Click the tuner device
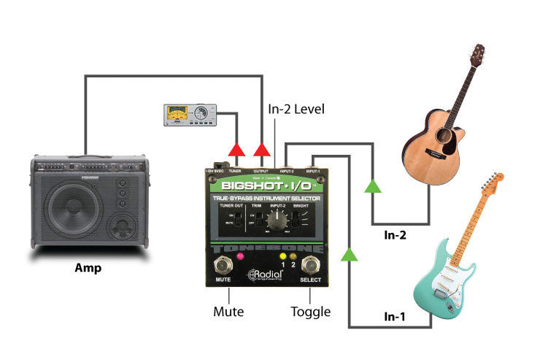(188, 115)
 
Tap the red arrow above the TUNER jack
(236, 150)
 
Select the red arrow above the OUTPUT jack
(261, 150)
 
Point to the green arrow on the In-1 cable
(350, 254)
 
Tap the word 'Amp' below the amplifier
(88, 268)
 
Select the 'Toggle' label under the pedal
(310, 312)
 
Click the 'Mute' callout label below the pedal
(228, 312)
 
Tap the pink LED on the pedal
(239, 258)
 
